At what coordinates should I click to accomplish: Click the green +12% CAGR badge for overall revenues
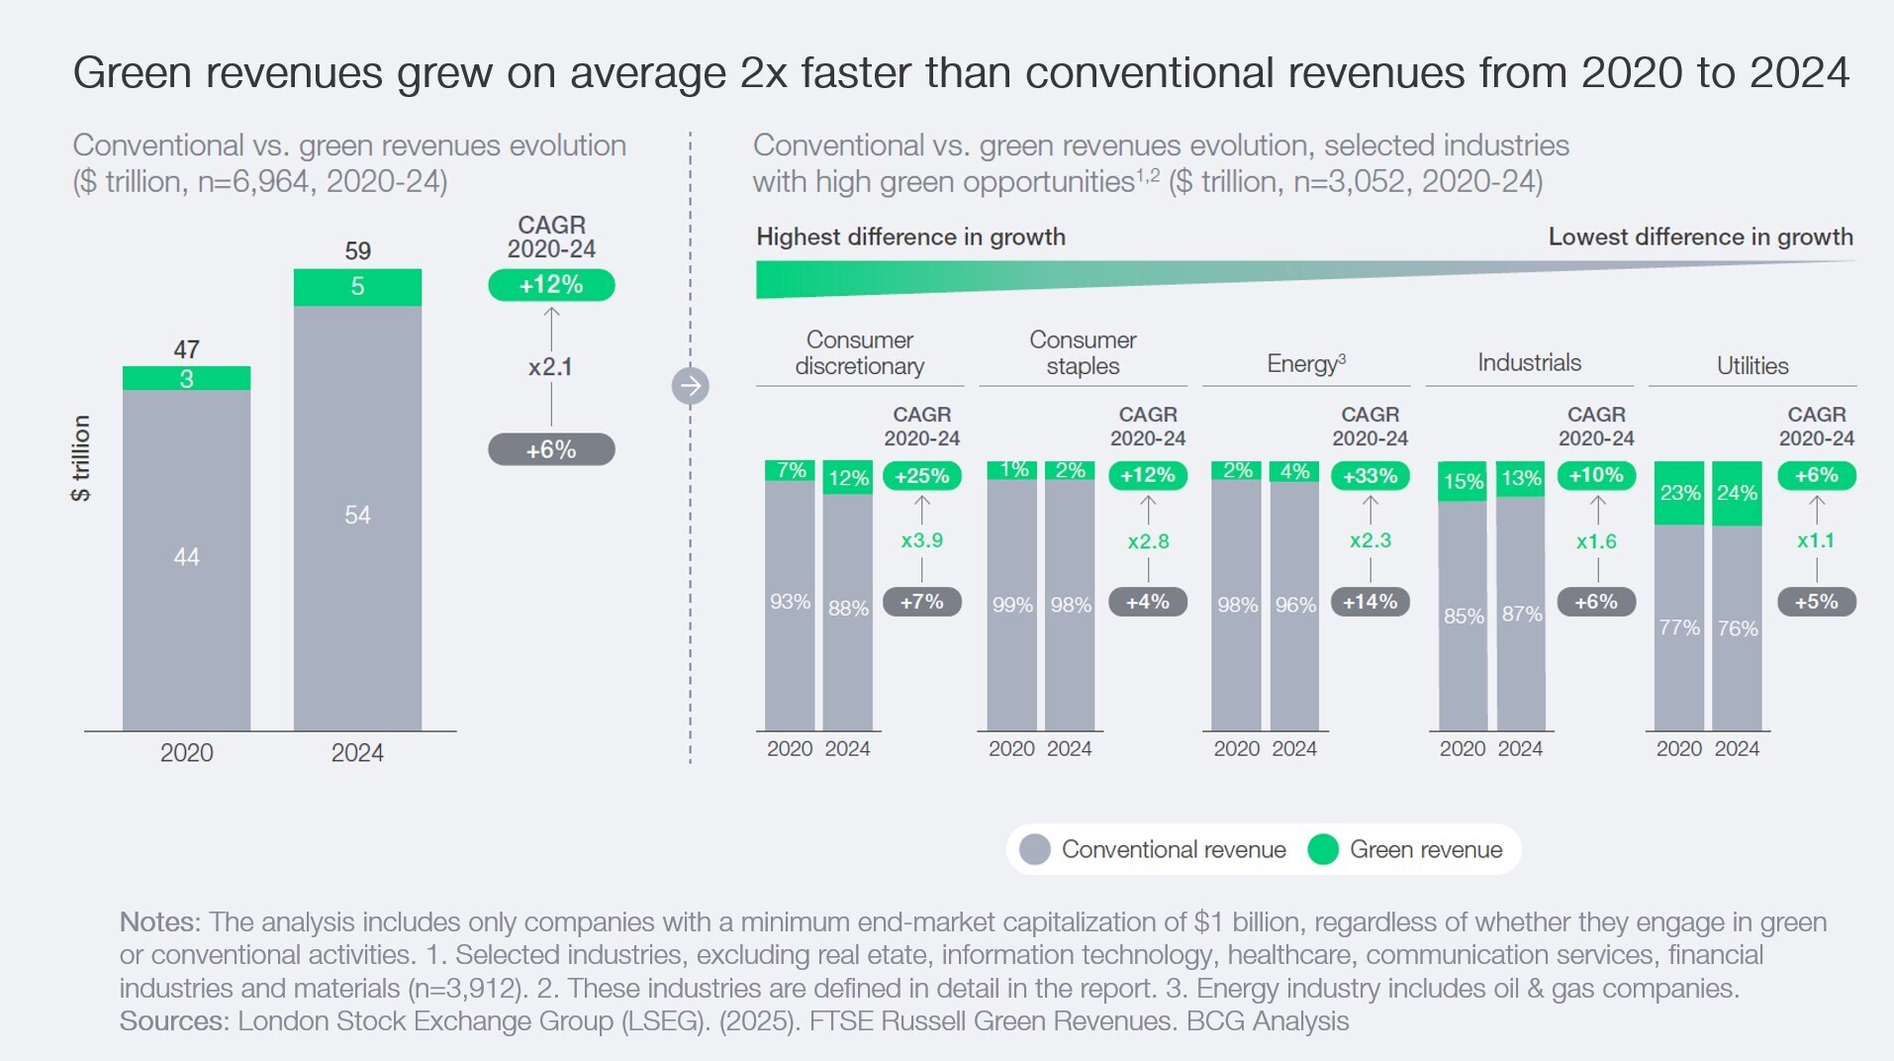tap(551, 285)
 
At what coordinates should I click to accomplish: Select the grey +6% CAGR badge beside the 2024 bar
tap(551, 449)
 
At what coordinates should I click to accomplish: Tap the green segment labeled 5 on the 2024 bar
tap(357, 287)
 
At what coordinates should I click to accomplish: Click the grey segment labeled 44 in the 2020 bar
tap(186, 557)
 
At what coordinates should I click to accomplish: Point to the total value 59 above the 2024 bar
tap(357, 251)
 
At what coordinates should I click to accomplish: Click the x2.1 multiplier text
tap(550, 367)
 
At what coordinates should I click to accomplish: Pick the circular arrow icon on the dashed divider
tap(691, 385)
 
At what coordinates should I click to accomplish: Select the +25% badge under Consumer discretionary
tap(921, 476)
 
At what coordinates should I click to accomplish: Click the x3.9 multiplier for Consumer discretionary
tap(921, 540)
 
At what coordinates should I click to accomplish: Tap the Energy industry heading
tap(1305, 363)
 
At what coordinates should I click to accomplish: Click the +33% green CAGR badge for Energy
tap(1370, 476)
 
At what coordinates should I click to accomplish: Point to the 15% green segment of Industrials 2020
tap(1463, 482)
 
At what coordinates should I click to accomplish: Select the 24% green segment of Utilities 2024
tap(1737, 493)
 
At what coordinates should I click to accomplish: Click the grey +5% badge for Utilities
tap(1816, 602)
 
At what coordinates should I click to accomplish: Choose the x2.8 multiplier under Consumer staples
tap(1148, 541)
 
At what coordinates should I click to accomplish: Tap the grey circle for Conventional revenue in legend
tap(1034, 849)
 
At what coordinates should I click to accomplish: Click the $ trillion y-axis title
tap(81, 457)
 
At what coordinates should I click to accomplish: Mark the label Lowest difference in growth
tap(1700, 237)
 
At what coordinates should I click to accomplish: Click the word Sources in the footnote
tap(174, 1020)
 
